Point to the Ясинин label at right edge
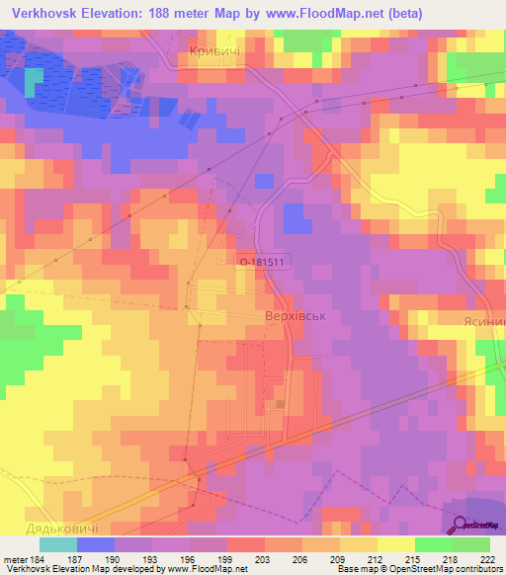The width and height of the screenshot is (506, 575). click(x=483, y=322)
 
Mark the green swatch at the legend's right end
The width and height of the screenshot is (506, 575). click(x=470, y=544)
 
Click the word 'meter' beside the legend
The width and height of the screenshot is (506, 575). click(x=15, y=558)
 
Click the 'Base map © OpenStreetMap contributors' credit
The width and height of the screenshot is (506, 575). click(x=419, y=569)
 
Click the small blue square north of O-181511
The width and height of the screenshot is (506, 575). click(x=264, y=181)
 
